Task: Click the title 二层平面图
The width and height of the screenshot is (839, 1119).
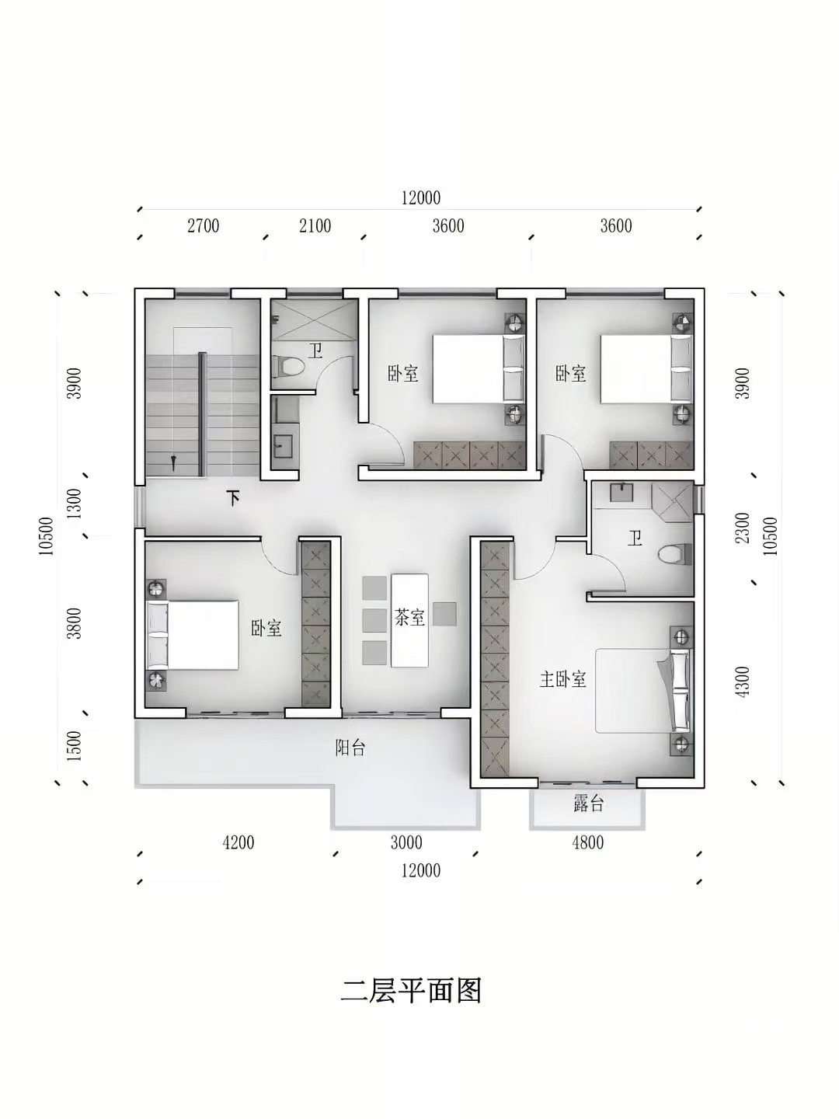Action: pyautogui.click(x=411, y=991)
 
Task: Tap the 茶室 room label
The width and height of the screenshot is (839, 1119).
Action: pyautogui.click(x=409, y=618)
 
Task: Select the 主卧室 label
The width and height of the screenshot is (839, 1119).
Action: pyautogui.click(x=563, y=679)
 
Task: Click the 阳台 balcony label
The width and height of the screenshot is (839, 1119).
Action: pyautogui.click(x=350, y=748)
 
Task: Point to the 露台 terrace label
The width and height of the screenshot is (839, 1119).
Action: pyautogui.click(x=588, y=804)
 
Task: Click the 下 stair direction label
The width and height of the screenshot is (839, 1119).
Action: pyautogui.click(x=233, y=498)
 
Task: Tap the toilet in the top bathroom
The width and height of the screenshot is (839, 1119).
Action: pyautogui.click(x=288, y=366)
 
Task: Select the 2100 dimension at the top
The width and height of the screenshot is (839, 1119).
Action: pyautogui.click(x=315, y=226)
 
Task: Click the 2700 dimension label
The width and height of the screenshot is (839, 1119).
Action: pyautogui.click(x=204, y=226)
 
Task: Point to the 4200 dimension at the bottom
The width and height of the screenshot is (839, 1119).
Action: pyautogui.click(x=238, y=842)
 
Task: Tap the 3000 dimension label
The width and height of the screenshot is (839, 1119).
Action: pyautogui.click(x=406, y=842)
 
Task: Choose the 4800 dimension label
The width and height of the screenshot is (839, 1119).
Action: pyautogui.click(x=588, y=842)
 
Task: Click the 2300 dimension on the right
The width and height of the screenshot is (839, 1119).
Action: pyautogui.click(x=743, y=528)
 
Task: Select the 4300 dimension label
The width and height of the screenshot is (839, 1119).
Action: pyautogui.click(x=743, y=682)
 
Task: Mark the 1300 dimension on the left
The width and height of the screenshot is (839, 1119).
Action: pyautogui.click(x=75, y=504)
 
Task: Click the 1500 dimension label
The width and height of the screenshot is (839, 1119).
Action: pyautogui.click(x=75, y=746)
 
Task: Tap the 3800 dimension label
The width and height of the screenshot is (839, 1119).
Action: pyautogui.click(x=75, y=623)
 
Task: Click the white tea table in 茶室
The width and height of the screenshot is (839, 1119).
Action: pyautogui.click(x=409, y=620)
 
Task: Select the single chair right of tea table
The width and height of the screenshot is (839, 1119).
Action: pyautogui.click(x=444, y=615)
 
